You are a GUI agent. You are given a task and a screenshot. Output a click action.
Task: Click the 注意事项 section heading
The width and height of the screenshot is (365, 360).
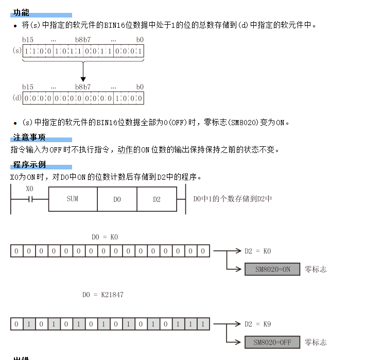tap(29, 138)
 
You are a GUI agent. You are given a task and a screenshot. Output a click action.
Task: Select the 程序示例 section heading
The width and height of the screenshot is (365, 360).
tap(29, 165)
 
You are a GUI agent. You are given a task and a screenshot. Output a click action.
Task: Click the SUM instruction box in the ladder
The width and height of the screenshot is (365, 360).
tap(73, 199)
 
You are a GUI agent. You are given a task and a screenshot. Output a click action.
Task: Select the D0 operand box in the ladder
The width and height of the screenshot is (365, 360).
tap(117, 199)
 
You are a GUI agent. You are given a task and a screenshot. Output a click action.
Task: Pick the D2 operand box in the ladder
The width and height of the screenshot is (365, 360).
tap(157, 199)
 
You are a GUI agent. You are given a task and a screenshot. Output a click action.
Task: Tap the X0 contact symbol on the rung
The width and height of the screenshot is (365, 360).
tap(30, 199)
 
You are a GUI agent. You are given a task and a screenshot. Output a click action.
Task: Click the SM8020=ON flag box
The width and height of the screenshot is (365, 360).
tap(272, 269)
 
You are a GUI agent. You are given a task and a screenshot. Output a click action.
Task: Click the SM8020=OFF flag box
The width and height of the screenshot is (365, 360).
tap(272, 342)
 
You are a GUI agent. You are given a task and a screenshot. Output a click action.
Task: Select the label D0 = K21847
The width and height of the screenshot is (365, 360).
tap(103, 295)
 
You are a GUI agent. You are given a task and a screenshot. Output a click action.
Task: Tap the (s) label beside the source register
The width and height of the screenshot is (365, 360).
tap(16, 51)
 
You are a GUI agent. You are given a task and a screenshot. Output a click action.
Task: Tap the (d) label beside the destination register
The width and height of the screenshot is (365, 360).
tap(16, 97)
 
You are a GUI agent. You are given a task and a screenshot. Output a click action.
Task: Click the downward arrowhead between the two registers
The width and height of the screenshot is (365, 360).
tap(83, 79)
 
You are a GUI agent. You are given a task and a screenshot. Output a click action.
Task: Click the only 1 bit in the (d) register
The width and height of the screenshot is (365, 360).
tap(117, 98)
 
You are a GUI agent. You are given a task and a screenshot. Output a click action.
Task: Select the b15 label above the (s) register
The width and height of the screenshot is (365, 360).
tap(28, 40)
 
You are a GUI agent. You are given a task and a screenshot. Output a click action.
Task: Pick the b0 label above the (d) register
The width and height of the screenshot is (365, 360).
tap(140, 87)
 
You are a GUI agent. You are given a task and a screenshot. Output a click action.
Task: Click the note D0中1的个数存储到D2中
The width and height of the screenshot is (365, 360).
tap(232, 199)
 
